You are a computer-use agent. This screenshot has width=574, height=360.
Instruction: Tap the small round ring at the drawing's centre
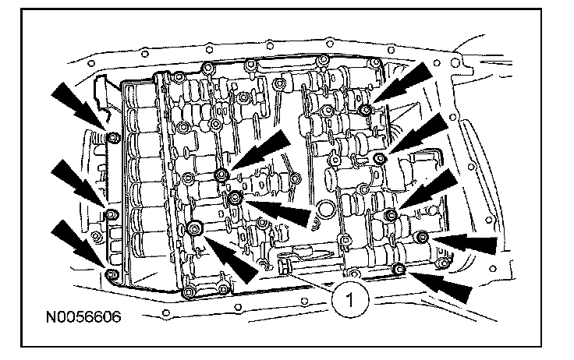[327, 210]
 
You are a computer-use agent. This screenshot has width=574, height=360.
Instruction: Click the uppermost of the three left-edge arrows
[77, 108]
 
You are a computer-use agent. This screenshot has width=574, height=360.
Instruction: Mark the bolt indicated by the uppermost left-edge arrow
[112, 139]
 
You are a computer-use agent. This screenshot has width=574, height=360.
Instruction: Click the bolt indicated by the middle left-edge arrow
[110, 209]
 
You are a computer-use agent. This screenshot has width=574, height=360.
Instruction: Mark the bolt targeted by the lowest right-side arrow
[399, 270]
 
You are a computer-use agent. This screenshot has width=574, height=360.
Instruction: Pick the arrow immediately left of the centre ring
[285, 210]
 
